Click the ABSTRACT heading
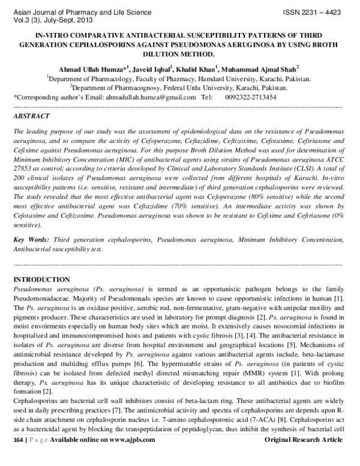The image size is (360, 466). pyautogui.click(x=32, y=115)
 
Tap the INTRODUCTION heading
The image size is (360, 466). pyautogui.click(x=41, y=280)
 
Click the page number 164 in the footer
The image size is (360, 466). pyautogui.click(x=18, y=456)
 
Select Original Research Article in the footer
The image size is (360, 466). pyautogui.click(x=304, y=456)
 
